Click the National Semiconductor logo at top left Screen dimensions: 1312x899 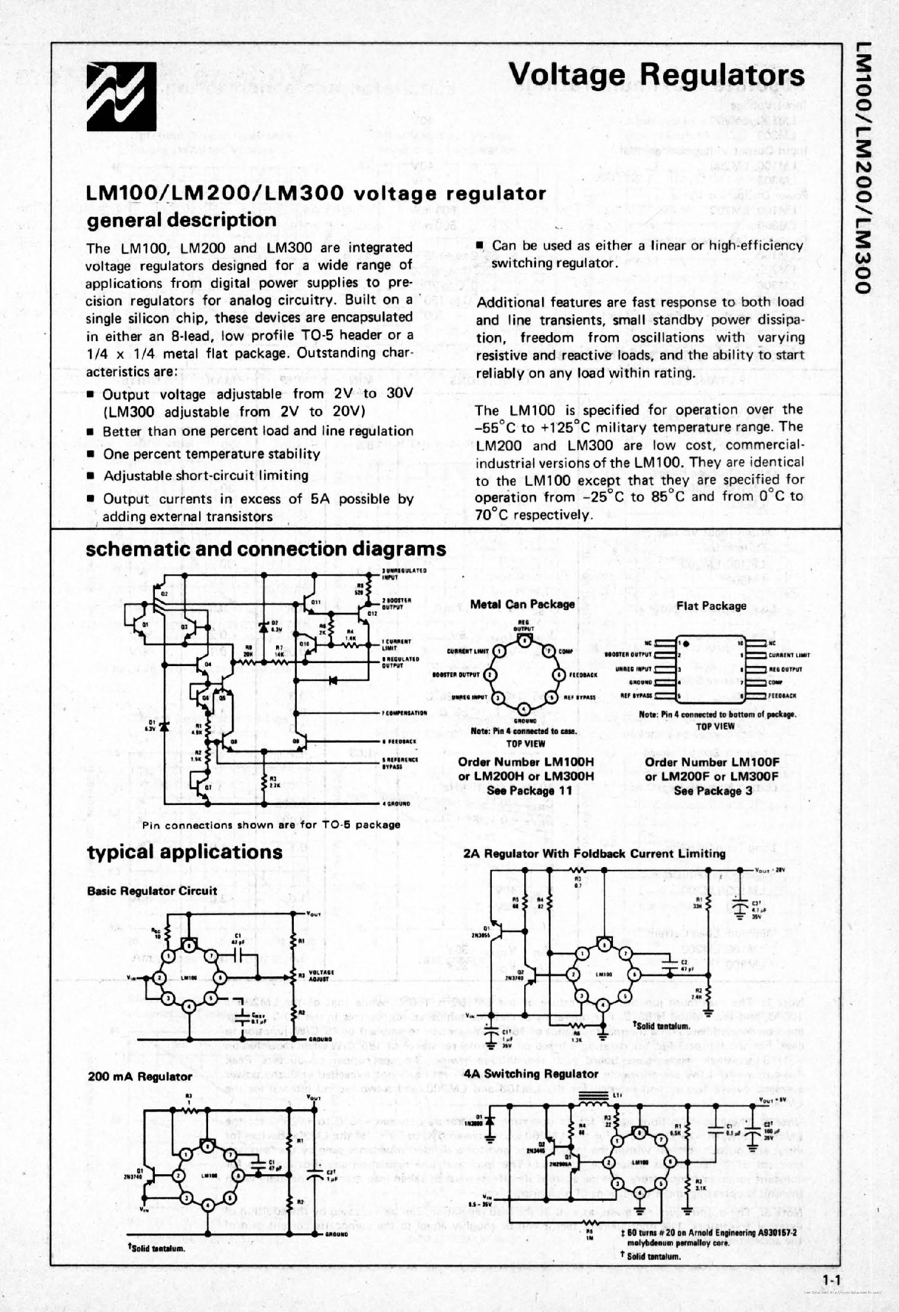[x=121, y=96]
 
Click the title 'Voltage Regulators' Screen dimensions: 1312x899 [x=656, y=76]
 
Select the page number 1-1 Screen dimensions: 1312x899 [x=830, y=1280]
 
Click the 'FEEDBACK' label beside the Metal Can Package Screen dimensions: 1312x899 [x=583, y=675]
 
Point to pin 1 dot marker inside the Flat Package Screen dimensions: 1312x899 [x=686, y=643]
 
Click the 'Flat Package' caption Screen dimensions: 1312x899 [x=711, y=606]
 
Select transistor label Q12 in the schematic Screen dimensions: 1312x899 [x=372, y=613]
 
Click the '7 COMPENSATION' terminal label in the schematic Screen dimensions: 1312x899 [x=405, y=713]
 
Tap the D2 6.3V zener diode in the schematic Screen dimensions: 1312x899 [x=264, y=626]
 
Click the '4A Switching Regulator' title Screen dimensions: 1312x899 [x=531, y=1074]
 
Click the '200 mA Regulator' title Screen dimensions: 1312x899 [x=139, y=1077]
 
